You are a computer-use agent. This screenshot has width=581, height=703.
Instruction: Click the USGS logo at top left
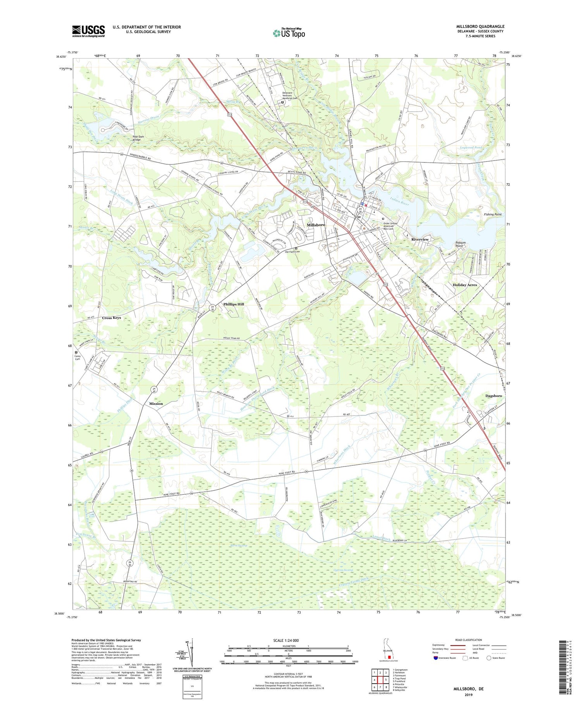tap(88, 31)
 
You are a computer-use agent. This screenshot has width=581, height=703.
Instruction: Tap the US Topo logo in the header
tap(289, 33)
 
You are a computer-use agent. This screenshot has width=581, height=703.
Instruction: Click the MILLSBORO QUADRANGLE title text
tap(480, 27)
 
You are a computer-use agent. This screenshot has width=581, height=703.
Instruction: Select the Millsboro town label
tap(316, 225)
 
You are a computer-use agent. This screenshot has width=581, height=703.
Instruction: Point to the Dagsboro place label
tap(493, 396)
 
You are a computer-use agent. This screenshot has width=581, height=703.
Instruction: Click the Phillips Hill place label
tap(234, 304)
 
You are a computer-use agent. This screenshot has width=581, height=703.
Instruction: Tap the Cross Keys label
tap(112, 318)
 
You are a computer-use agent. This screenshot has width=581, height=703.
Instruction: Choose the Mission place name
tap(156, 404)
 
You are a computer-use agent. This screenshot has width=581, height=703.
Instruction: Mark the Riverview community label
tap(420, 240)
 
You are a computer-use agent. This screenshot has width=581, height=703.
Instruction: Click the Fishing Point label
tap(493, 214)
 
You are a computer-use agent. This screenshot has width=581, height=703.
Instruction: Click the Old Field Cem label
tap(292, 252)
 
